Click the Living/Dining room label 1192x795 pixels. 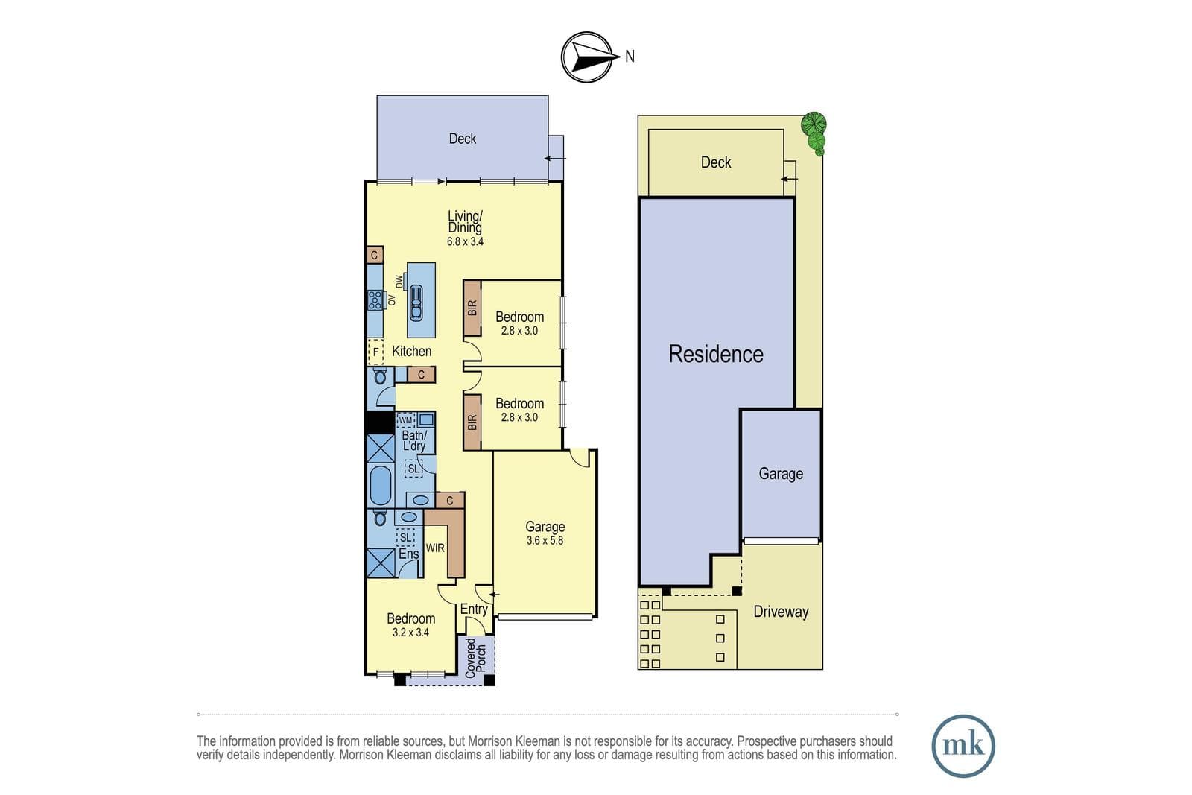pos(465,222)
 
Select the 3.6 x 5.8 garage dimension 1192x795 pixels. pos(545,541)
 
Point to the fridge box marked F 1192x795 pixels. pos(375,352)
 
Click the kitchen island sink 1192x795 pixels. pos(416,303)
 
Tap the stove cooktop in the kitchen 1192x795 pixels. pos(375,300)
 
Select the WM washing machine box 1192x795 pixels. pos(405,420)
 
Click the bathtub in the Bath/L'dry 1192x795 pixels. pos(380,485)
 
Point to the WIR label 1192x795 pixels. pos(435,548)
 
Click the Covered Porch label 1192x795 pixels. pos(476,658)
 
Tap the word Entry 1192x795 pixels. pos(474,609)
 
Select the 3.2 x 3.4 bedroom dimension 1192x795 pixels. pos(410,633)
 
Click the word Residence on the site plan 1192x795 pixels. pos(716,354)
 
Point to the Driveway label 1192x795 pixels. pos(781,612)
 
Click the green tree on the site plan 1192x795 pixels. pos(815,133)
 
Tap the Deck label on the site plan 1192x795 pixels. pos(716,162)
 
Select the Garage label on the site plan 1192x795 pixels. pos(781,474)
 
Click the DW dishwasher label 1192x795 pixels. pos(399,282)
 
